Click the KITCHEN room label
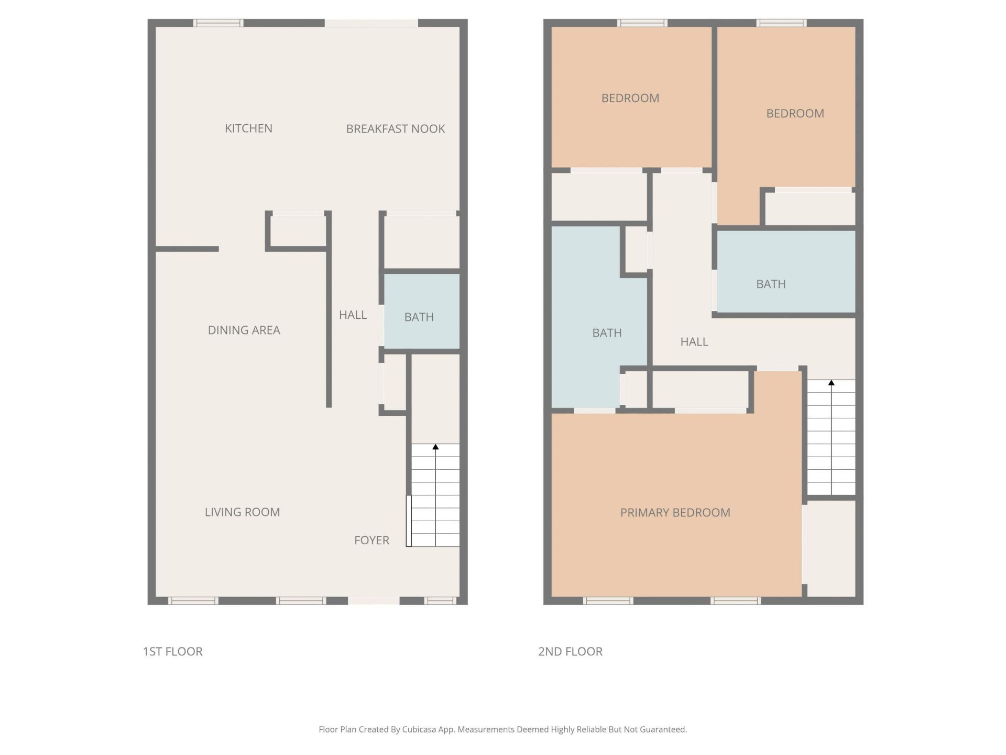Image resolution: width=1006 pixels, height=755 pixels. point(248,128)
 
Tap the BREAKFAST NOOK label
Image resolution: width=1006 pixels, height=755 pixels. point(396,129)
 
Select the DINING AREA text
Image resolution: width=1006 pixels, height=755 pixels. point(244,330)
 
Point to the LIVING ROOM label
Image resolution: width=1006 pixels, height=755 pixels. point(242,512)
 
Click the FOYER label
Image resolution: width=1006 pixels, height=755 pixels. point(371,541)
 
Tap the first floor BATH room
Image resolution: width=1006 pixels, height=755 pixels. point(419,317)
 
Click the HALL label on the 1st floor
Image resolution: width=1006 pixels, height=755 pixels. point(353,315)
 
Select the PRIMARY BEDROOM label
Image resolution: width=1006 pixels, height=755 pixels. point(675,513)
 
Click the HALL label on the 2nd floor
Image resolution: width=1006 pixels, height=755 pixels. point(694,342)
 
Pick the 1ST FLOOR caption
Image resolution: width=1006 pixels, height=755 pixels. point(173,652)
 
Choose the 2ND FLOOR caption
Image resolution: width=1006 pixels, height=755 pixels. point(570,652)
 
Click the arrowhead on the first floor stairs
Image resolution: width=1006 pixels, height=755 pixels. point(435,447)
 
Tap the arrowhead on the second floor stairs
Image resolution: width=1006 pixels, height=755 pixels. point(831,383)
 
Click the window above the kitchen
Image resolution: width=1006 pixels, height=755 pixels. point(218,23)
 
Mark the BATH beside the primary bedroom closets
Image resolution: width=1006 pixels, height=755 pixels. point(607,333)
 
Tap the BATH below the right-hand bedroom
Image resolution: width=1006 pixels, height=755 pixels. point(771,284)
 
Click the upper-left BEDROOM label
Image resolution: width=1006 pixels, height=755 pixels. point(630,99)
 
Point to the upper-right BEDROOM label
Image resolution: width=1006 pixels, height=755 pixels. point(795,114)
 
